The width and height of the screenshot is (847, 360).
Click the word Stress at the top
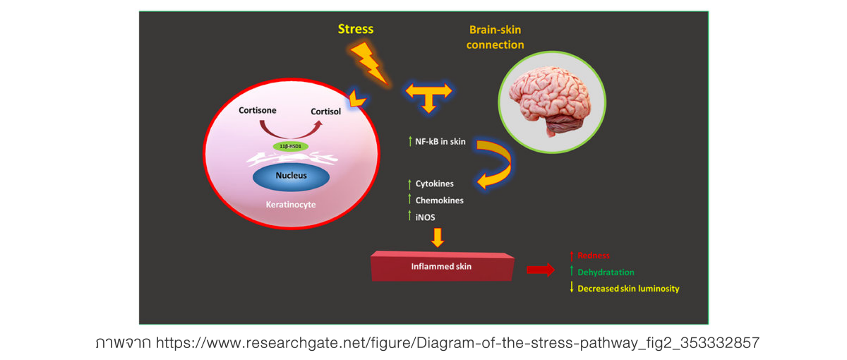pos(355,29)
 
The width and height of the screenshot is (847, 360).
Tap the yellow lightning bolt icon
pos(368,62)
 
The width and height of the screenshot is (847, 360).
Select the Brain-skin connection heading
pos(495,37)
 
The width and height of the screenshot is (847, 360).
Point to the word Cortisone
pos(257,111)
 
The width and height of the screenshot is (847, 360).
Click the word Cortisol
pos(325,112)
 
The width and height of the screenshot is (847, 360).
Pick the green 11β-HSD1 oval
pos(291,146)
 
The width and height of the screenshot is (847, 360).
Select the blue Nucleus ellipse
pos(291,176)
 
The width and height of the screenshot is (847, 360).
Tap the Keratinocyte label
pos(292,205)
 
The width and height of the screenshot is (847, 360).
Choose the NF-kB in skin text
pos(440,142)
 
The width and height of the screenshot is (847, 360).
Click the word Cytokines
pos(434,184)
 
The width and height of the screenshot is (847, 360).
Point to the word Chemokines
pos(439,200)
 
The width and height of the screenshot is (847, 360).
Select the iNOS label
pos(425,217)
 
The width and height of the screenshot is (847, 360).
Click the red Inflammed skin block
pos(442,267)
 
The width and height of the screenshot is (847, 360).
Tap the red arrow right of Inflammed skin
pos(541,270)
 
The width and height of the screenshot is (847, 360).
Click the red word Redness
pos(593,256)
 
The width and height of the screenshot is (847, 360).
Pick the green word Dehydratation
pos(606,272)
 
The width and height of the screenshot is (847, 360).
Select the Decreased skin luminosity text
pos(628,289)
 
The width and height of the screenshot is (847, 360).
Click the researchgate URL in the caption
pos(457,344)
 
